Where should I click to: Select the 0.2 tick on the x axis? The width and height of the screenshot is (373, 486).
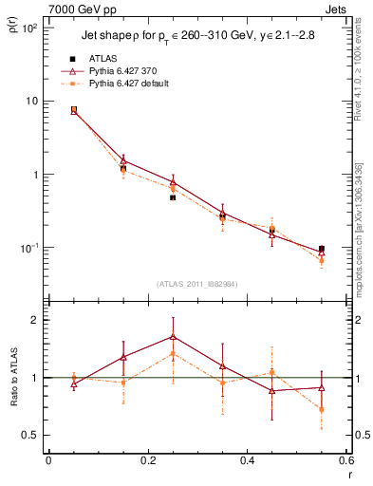pyautogui.click(x=147, y=460)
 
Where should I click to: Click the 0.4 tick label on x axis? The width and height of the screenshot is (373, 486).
pyautogui.click(x=247, y=460)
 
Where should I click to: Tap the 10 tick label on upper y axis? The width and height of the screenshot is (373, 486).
pyautogui.click(x=31, y=102)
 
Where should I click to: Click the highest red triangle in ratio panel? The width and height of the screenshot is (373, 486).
pyautogui.click(x=173, y=336)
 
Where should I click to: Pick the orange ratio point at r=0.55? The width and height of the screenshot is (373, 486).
pyautogui.click(x=322, y=410)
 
